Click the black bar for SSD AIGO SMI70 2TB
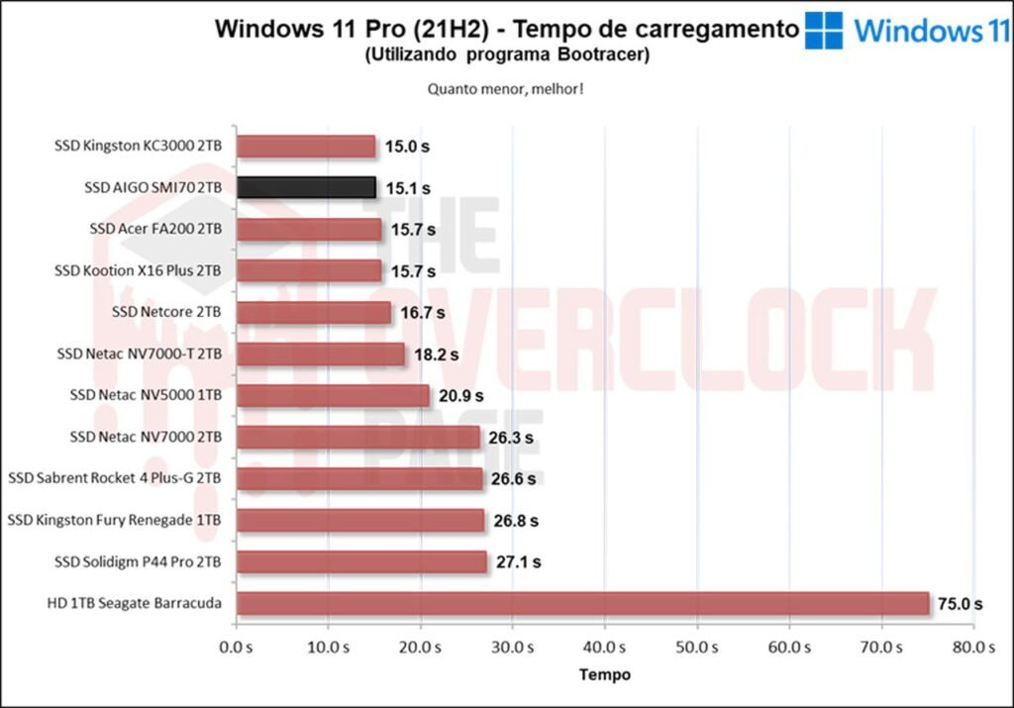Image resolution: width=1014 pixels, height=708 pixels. [306, 187]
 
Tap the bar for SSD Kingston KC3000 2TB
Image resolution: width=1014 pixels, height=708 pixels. [306, 147]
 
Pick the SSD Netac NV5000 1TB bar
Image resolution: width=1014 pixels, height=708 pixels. [333, 395]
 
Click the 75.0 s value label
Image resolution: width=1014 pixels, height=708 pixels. [961, 603]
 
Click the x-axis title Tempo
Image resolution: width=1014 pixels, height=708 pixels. [604, 674]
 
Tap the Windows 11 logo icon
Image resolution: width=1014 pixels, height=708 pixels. [824, 30]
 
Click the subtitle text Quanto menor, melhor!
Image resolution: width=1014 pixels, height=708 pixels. [505, 88]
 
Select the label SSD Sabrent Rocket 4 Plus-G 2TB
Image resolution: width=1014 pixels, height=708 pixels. [115, 478]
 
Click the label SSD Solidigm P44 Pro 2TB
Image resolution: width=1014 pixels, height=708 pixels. [138, 561]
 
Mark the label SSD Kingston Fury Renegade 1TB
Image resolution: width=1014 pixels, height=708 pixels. [115, 520]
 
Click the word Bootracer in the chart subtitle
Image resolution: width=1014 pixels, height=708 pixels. [604, 55]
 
